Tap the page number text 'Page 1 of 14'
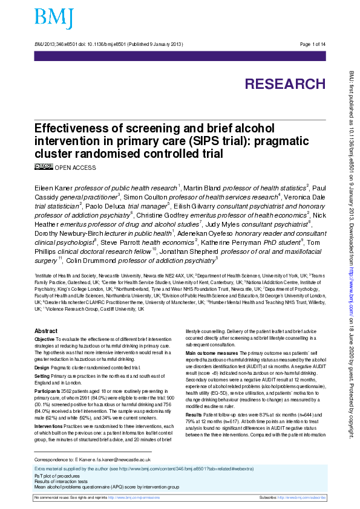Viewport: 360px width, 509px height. point(313,45)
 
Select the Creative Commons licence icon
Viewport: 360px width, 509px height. point(44,166)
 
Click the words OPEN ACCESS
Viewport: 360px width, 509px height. point(75,166)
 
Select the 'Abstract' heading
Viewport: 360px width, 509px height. point(46,331)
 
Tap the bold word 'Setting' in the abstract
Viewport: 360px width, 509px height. point(43,376)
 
